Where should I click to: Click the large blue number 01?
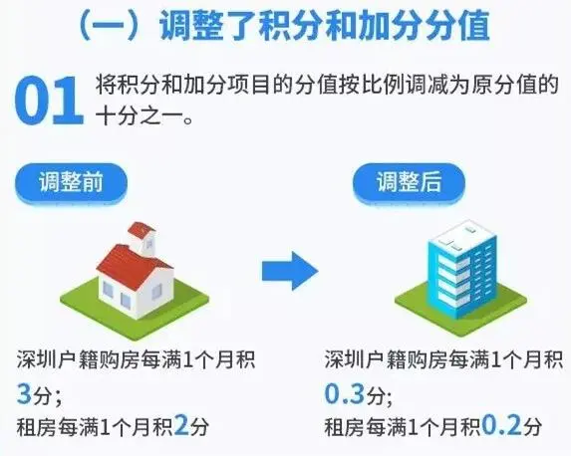(49, 101)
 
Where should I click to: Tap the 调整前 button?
(71, 182)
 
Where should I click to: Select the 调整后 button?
(409, 182)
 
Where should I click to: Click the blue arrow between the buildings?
(290, 271)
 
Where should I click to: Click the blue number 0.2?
(502, 426)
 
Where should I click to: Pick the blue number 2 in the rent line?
(181, 426)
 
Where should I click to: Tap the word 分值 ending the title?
(457, 26)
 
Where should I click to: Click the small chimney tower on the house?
(143, 238)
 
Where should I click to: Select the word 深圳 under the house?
(37, 360)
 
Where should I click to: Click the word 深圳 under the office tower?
(345, 360)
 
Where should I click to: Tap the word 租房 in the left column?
(37, 427)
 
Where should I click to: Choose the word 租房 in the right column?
(345, 427)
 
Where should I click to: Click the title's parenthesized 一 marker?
(110, 26)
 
